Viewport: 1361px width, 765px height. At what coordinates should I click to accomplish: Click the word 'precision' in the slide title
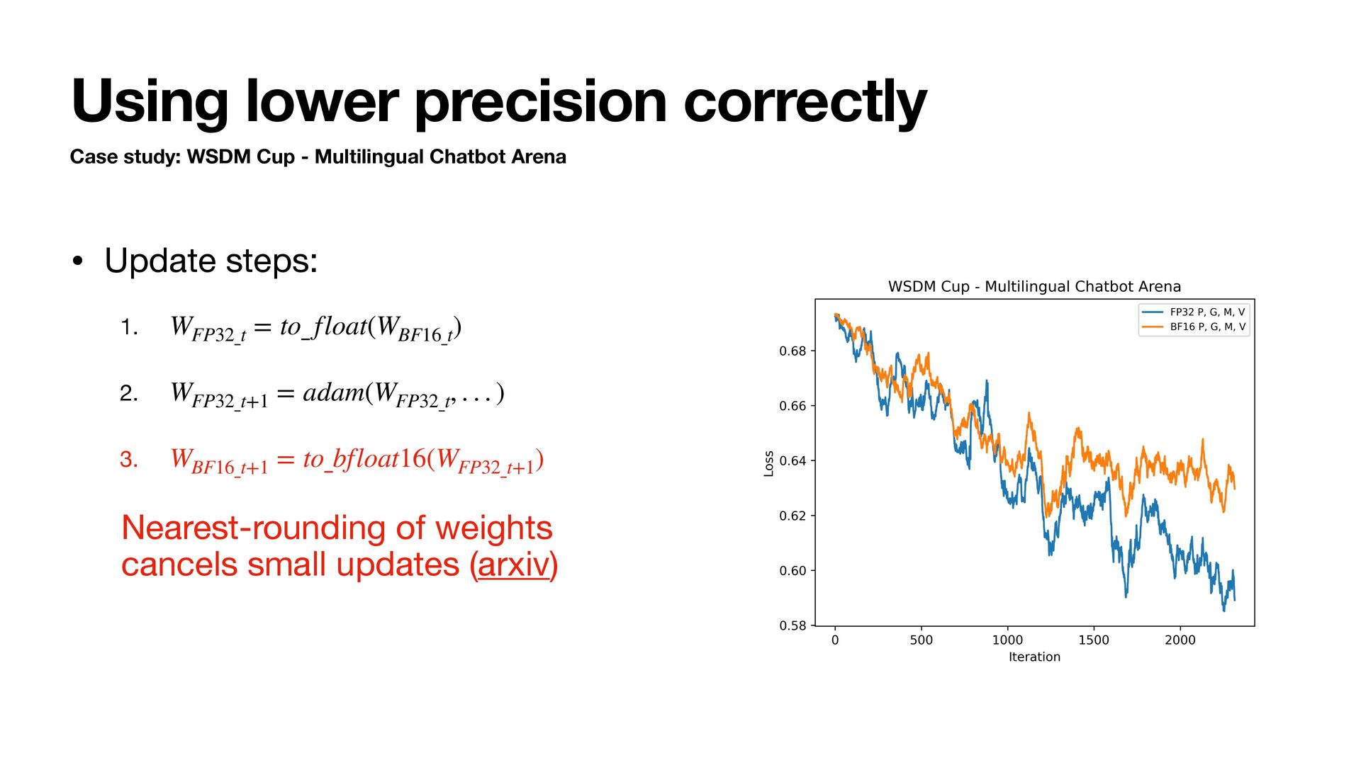541,102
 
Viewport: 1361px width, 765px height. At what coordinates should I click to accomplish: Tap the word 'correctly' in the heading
805,102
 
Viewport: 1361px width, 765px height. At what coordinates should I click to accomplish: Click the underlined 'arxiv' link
515,565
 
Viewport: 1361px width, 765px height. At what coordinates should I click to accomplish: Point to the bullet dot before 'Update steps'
78,261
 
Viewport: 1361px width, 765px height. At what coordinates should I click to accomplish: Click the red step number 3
128,460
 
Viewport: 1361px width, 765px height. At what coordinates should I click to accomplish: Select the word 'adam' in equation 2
334,392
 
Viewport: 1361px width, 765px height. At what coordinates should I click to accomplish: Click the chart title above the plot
1034,286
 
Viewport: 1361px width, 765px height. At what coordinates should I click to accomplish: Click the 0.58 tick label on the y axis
792,625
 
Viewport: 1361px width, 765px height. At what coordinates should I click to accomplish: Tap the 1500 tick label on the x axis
1094,640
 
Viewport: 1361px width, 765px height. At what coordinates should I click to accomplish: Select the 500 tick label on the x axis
922,640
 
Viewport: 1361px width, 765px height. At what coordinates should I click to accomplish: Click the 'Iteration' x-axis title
1034,657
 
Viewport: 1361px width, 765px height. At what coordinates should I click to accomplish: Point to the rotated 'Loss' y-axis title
769,463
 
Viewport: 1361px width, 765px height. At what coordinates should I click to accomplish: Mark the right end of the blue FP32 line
1235,600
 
